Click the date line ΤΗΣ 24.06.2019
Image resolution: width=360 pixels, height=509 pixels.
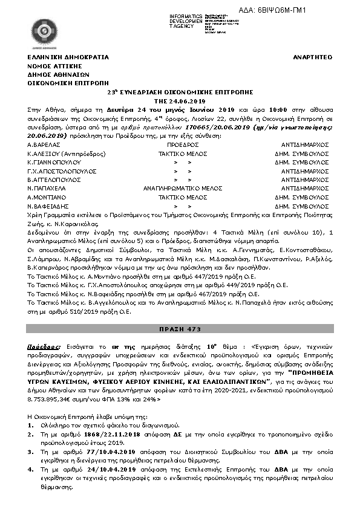(180, 102)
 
